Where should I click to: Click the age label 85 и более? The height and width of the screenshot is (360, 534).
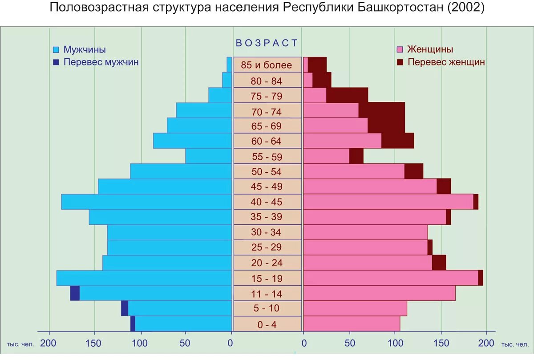tap(267, 65)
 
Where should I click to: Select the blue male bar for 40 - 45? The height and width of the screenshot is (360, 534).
tap(147, 202)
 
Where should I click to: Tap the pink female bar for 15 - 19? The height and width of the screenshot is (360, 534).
tap(390, 278)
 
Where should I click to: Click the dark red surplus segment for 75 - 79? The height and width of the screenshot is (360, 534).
tap(347, 95)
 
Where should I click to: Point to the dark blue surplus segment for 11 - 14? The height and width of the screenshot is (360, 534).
tap(75, 293)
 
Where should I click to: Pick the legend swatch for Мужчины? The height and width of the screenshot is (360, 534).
tap(56, 49)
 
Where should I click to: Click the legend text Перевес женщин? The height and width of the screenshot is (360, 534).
tap(446, 62)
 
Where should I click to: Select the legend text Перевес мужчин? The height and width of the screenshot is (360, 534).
tap(101, 62)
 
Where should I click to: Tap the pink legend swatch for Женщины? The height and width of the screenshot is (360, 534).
tap(399, 49)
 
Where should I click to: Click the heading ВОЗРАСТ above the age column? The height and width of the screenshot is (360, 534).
tap(267, 43)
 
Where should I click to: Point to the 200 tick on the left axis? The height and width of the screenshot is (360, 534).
tap(48, 343)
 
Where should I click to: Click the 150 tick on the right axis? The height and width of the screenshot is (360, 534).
tap(441, 343)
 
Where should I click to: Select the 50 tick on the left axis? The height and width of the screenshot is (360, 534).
tap(185, 343)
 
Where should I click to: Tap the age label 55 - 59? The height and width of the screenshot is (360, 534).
tap(267, 157)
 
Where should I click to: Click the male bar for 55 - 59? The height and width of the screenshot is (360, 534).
tap(209, 156)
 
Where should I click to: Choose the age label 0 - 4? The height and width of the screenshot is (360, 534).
tap(267, 325)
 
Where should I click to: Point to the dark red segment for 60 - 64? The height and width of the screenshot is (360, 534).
tap(397, 141)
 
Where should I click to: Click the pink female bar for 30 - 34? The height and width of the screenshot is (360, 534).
tap(365, 232)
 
